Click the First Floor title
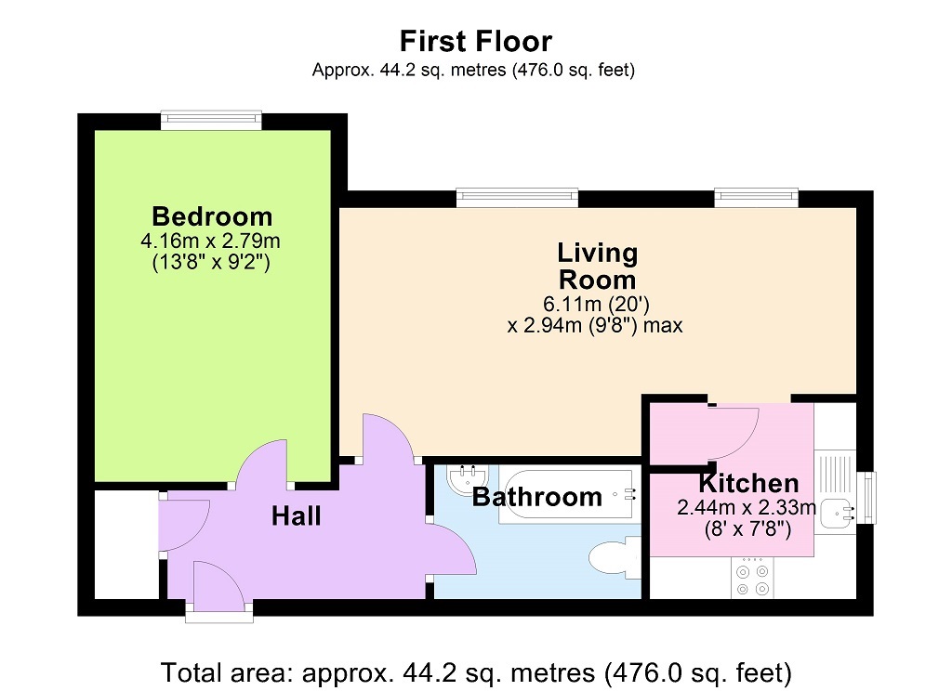[x=475, y=41]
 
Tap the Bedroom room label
[x=212, y=216]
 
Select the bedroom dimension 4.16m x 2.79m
[x=211, y=241]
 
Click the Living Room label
[x=597, y=266]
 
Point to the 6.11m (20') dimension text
[x=597, y=304]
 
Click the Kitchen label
[x=748, y=483]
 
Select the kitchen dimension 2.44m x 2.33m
[x=747, y=507]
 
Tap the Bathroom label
[x=536, y=497]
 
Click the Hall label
[x=296, y=515]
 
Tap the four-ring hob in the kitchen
[x=751, y=579]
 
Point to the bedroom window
[x=210, y=120]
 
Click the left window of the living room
[x=517, y=197]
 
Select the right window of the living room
[x=756, y=197]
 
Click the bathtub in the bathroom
[x=567, y=498]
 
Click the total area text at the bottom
[x=475, y=671]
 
